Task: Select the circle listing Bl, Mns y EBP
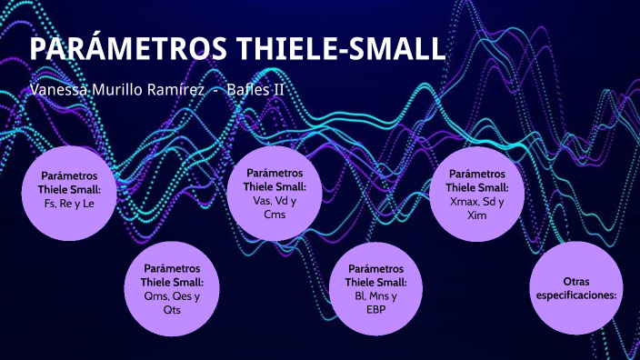376,288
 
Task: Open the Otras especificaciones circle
578,288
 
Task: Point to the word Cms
275,215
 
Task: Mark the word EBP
376,309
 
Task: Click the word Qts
173,309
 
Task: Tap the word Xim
477,215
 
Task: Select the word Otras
578,282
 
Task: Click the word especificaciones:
578,295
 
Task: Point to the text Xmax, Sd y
477,201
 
